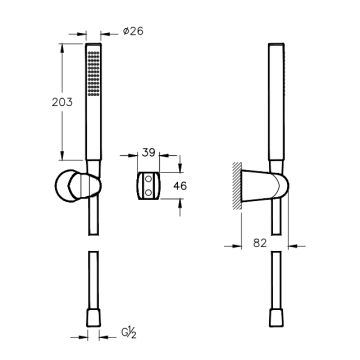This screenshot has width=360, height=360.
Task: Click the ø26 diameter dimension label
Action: pos(133,31)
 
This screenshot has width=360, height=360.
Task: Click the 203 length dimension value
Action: pos(62,102)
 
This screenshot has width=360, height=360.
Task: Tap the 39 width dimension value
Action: pos(149,152)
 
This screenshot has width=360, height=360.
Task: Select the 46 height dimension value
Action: pos(180,186)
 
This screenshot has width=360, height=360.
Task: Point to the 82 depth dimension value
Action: pos(260,243)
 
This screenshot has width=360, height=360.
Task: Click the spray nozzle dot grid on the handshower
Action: pos(93,74)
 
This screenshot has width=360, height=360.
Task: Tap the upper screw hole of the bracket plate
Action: pos(149,179)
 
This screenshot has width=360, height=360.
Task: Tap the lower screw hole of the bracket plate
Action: pos(149,191)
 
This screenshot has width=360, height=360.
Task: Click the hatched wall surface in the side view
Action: pos(237,186)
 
